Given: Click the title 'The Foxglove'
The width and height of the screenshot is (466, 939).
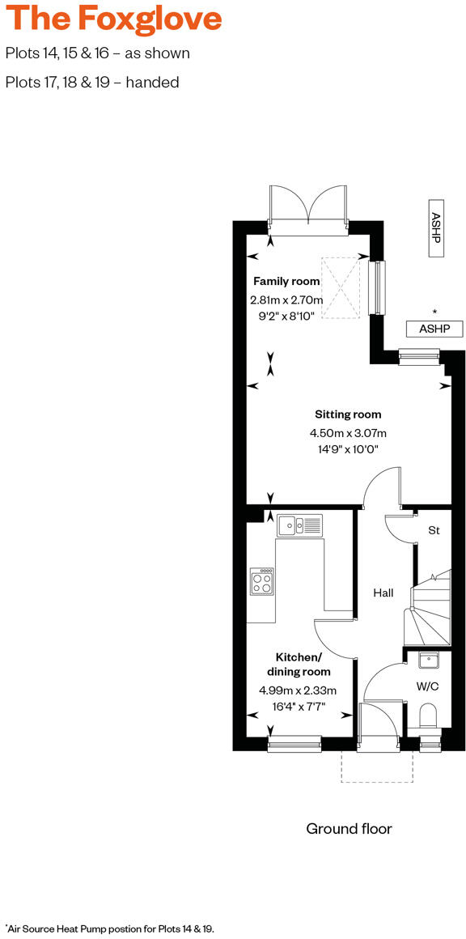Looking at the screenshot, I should (113, 19).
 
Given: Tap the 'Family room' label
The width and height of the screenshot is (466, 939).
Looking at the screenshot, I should (286, 282).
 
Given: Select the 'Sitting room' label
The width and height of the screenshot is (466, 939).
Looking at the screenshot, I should (348, 414).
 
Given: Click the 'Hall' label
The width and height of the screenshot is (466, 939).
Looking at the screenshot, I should (383, 593).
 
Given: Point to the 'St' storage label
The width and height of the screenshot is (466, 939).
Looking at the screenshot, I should (434, 531).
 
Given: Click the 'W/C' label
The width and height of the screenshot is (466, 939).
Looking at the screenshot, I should (427, 686).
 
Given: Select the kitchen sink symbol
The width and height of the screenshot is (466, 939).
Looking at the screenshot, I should (299, 526).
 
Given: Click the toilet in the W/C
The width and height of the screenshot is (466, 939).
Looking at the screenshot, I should (429, 716).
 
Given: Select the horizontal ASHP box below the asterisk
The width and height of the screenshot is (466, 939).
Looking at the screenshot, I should (434, 329).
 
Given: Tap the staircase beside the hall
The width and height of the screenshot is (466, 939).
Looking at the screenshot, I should (431, 611).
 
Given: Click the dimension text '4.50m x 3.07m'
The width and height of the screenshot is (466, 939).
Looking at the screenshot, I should (348, 432).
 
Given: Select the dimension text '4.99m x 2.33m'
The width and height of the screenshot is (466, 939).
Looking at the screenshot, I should (298, 690).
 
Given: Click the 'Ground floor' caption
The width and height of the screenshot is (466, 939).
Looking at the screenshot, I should (349, 828).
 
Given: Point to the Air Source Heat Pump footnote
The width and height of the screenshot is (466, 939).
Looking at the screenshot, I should (110, 928).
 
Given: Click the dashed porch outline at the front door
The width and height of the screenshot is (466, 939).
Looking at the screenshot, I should (378, 766).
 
